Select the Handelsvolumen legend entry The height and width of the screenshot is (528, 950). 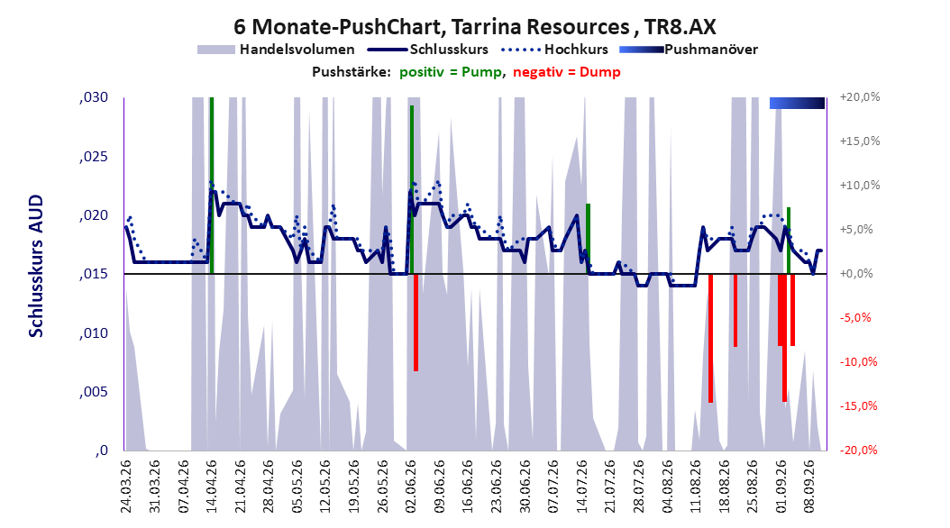277,50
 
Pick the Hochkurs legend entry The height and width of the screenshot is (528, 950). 555,50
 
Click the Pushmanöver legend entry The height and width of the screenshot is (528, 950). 689,50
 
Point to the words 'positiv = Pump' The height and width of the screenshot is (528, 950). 450,72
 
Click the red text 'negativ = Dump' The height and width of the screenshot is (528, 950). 567,72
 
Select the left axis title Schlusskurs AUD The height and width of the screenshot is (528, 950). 36,266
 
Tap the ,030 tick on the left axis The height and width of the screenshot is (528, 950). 94,97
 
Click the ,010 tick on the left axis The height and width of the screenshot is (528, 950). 94,333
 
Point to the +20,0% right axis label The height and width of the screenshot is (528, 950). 860,97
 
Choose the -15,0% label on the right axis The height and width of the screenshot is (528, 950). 858,406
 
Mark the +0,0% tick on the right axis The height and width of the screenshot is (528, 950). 856,274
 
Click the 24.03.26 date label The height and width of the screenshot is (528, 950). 126,487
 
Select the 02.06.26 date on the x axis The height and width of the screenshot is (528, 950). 411,487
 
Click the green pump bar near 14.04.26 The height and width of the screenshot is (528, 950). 212,186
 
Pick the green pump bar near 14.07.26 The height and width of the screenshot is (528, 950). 588,239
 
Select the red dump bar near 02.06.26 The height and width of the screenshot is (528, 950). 416,323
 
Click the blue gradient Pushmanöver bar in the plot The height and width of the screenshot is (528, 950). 798,103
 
